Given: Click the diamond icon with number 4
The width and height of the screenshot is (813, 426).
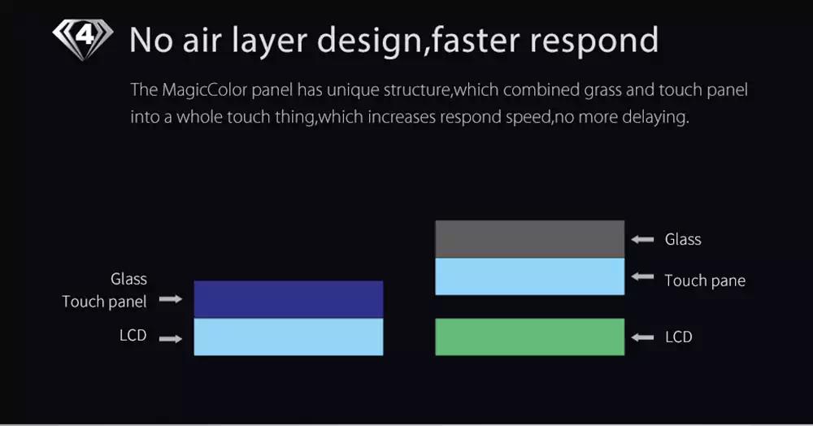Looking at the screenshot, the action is tap(83, 39).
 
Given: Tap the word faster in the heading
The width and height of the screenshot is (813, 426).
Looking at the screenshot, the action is tap(475, 40).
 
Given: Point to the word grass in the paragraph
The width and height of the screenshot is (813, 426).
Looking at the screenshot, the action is tap(602, 91).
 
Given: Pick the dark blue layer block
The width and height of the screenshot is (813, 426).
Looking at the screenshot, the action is tap(289, 299).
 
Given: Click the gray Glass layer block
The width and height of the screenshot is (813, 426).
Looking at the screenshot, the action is tap(529, 239).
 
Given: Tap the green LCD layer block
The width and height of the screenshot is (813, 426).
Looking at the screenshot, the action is tap(529, 337).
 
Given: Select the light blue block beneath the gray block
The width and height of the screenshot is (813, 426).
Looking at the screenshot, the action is tap(529, 276).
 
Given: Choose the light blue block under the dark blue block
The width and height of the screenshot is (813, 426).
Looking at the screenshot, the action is tap(289, 337).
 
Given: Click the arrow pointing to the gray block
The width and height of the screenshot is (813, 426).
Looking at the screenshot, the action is tap(642, 240).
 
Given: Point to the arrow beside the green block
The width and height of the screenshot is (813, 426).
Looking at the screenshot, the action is tap(642, 337).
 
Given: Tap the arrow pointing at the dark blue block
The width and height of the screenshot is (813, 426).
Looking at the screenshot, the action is tap(171, 299).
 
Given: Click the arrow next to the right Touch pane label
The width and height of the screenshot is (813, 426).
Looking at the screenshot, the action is tap(642, 276).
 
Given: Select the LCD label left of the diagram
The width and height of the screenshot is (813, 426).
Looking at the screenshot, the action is tap(133, 335).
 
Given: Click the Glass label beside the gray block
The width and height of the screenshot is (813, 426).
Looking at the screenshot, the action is tap(683, 240).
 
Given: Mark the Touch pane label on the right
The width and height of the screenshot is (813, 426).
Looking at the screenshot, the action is tap(705, 281).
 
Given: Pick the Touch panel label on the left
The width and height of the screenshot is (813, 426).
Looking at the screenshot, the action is tap(104, 302).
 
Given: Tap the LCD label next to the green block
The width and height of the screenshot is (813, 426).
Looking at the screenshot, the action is tap(679, 337).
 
